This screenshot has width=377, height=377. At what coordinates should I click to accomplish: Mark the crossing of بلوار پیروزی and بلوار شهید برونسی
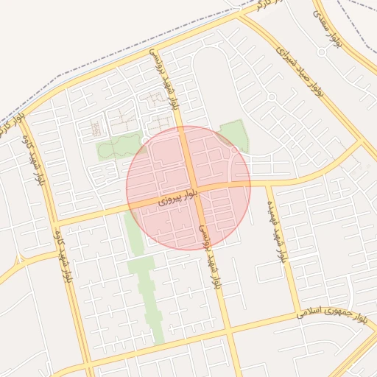(x=193, y=190)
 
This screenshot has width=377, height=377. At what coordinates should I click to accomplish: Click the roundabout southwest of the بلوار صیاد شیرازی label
(x=271, y=97)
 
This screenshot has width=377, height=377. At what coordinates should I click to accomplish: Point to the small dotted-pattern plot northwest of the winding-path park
(x=96, y=129)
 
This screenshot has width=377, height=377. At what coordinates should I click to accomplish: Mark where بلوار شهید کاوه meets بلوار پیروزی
(x=55, y=221)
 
